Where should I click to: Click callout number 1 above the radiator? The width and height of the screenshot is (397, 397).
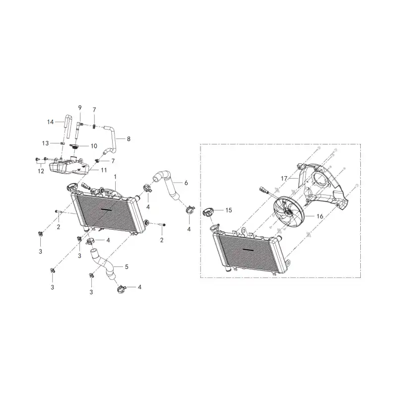click(x=115, y=177)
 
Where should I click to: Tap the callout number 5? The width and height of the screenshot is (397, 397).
click(x=127, y=266)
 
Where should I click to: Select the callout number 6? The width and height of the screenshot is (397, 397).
click(x=186, y=183)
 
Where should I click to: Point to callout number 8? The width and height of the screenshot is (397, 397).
click(x=129, y=139)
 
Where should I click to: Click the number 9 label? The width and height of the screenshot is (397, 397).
click(x=80, y=108)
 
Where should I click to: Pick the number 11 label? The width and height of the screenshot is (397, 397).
click(x=104, y=170)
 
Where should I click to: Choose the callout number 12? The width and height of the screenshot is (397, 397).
click(x=41, y=171)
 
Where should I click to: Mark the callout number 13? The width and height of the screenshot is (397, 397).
click(x=45, y=143)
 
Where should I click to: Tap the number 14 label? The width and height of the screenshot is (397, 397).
click(x=51, y=122)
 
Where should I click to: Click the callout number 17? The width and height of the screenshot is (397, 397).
click(x=284, y=179)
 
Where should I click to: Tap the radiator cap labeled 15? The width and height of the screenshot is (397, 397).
click(x=209, y=212)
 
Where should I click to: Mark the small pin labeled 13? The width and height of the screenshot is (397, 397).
click(x=62, y=143)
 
